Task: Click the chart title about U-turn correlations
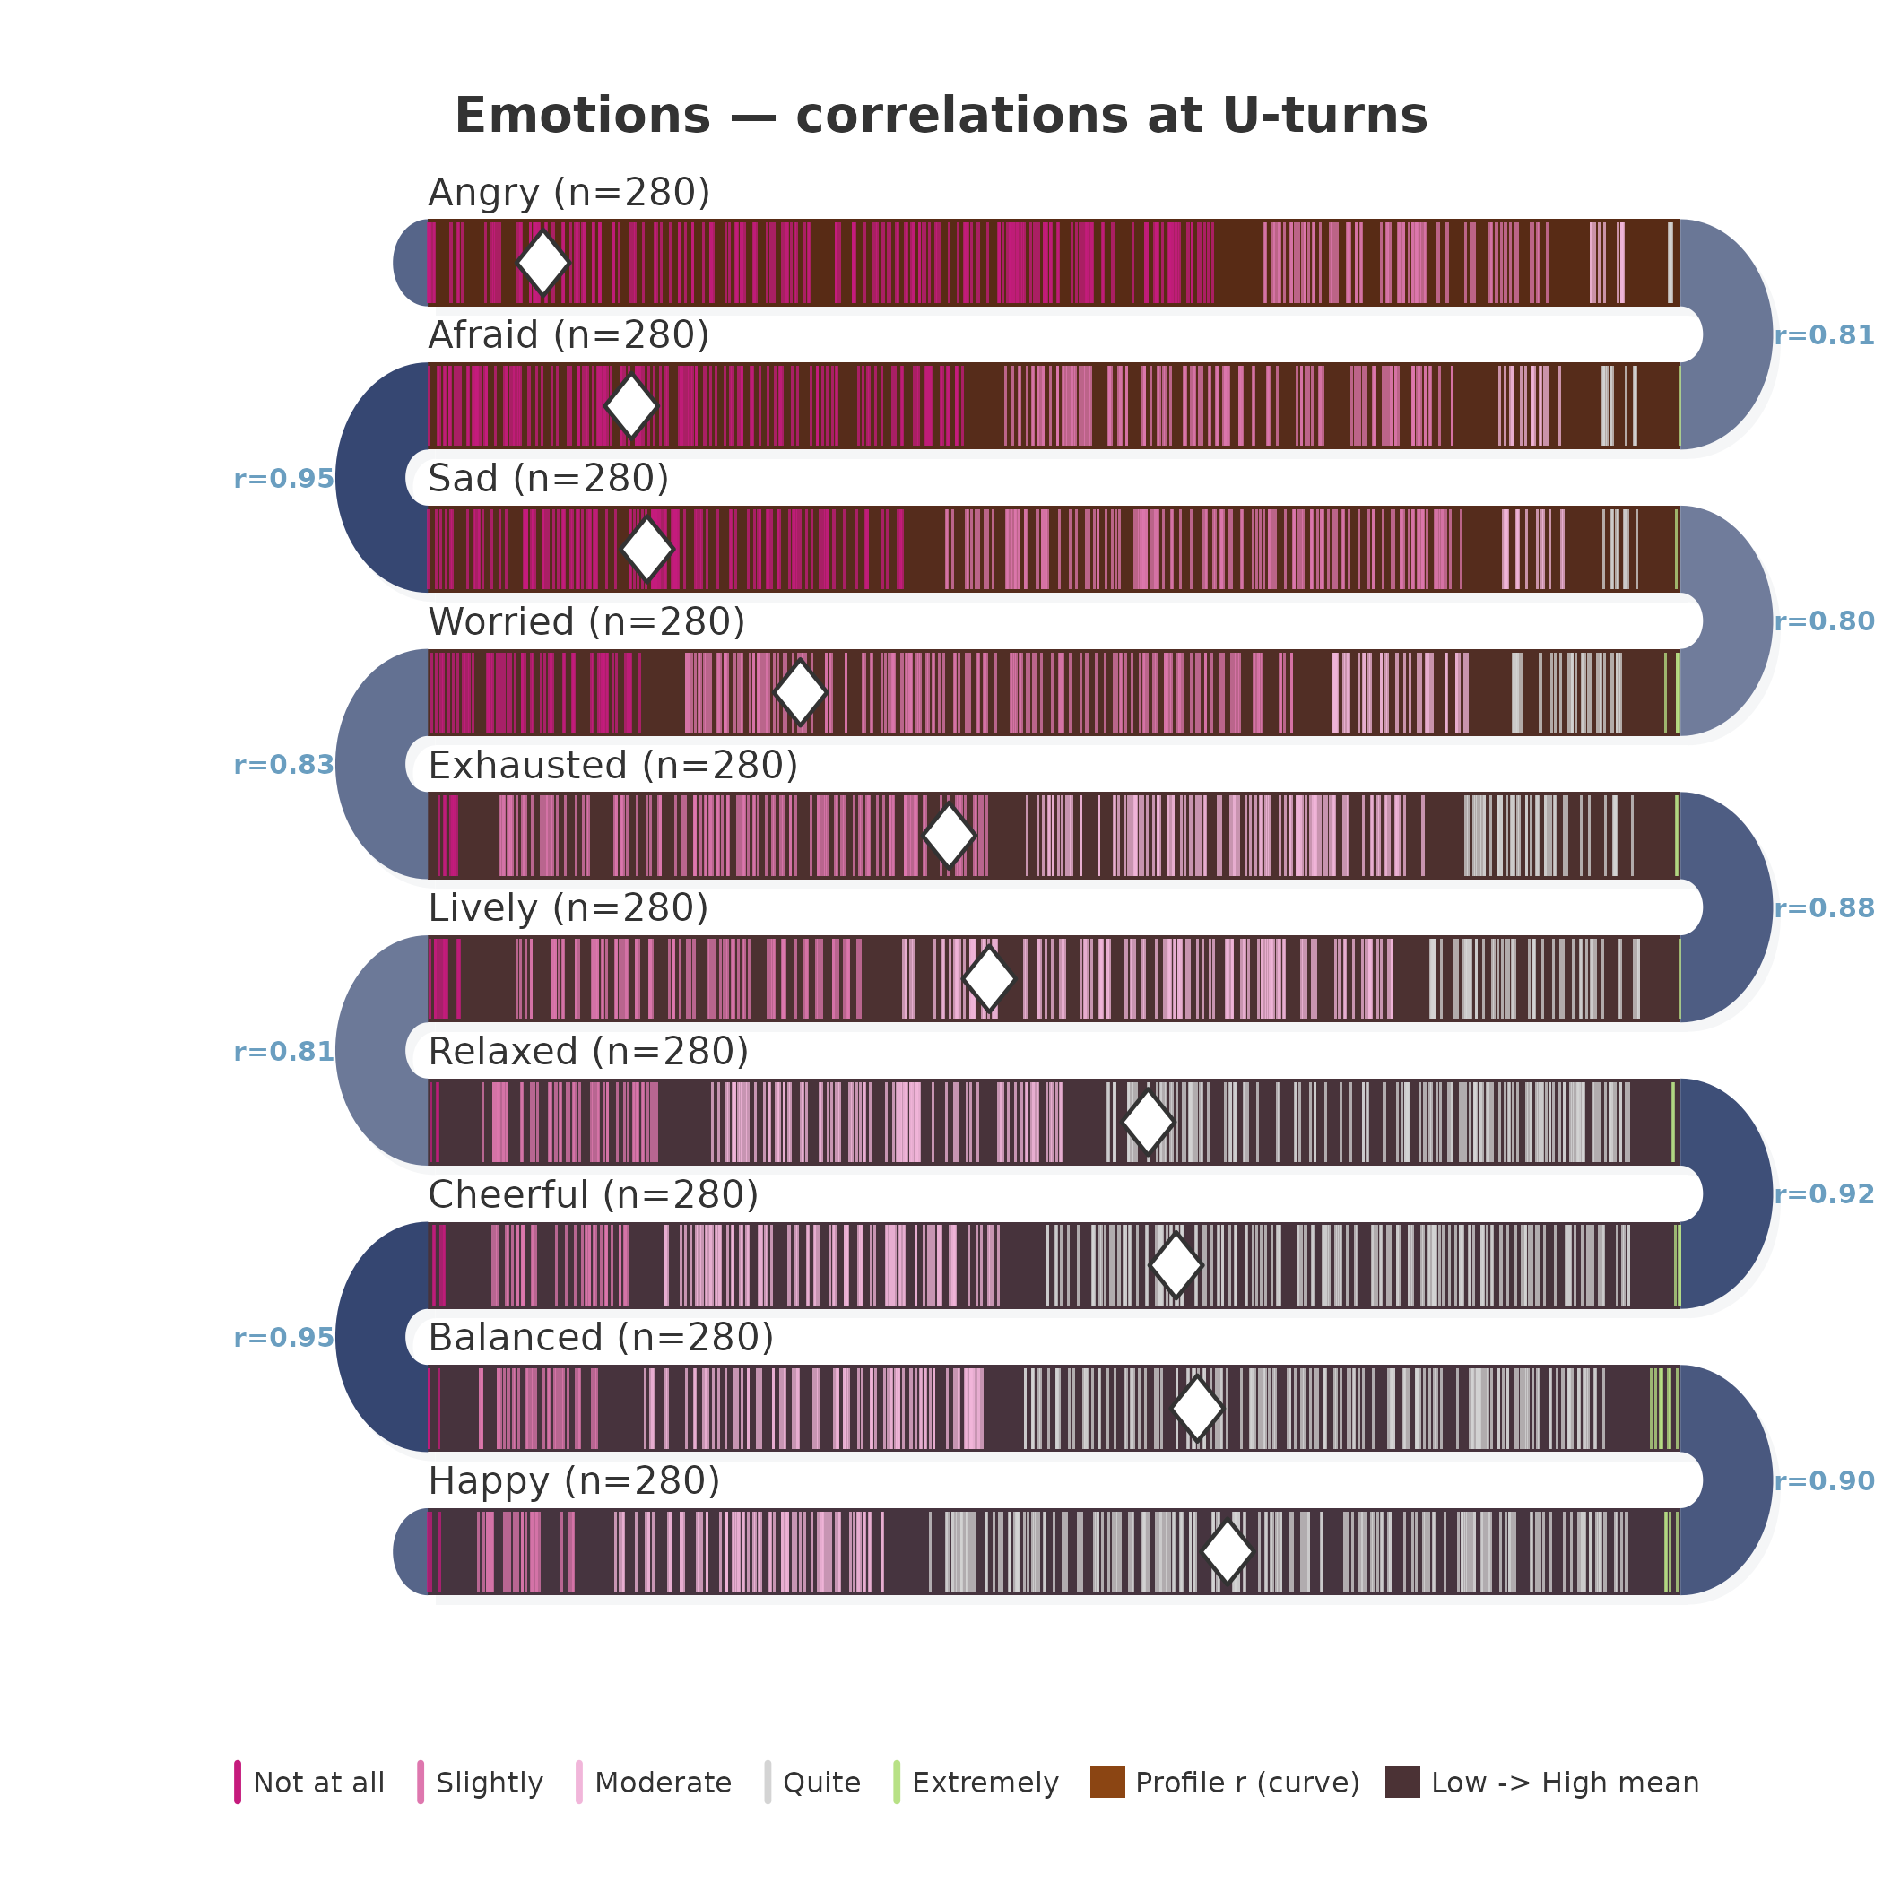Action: click(x=941, y=116)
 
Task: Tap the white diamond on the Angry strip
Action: click(x=542, y=262)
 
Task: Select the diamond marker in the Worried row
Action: click(x=800, y=692)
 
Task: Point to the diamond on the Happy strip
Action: click(x=1227, y=1551)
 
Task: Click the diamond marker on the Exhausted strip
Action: click(x=949, y=836)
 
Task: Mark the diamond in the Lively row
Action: click(x=989, y=978)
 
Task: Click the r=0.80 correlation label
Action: click(x=1824, y=621)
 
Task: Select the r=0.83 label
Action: click(x=283, y=765)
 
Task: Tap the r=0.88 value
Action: click(x=1824, y=908)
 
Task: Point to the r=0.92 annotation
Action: click(x=1824, y=1195)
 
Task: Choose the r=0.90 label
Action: click(x=1824, y=1481)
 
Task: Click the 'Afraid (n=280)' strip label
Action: click(x=569, y=335)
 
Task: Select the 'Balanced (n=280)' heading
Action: click(x=602, y=1338)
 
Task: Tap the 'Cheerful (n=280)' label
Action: click(x=594, y=1195)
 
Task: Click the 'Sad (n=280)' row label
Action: click(x=549, y=479)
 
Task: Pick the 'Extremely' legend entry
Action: click(x=976, y=1783)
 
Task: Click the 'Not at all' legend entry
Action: click(x=310, y=1783)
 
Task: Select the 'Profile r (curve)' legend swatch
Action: click(x=1107, y=1782)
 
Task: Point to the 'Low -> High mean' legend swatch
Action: click(x=1402, y=1782)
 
